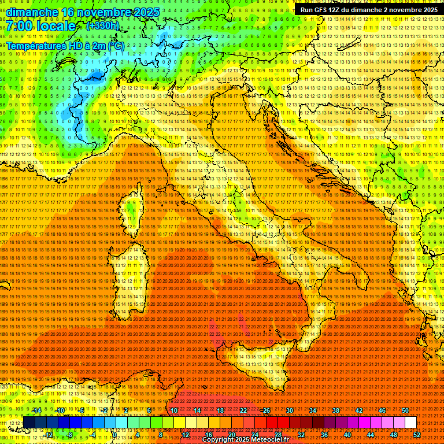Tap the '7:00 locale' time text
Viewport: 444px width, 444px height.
point(41,26)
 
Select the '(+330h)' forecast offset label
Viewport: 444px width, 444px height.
point(102,25)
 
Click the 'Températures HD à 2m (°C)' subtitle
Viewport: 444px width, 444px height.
point(65,45)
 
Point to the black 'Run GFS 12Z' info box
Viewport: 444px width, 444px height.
point(368,10)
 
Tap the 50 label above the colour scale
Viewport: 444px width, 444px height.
point(405,410)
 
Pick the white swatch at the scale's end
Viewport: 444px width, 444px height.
point(410,423)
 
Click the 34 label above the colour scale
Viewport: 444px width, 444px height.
point(313,410)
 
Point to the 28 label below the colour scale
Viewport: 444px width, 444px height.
point(278,435)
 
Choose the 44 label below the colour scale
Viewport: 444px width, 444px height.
point(371,435)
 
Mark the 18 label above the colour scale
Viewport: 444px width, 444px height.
point(220,410)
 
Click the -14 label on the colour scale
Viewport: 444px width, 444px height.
point(36,410)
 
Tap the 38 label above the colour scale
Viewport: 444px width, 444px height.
point(336,410)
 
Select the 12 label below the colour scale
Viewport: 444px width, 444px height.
point(186,435)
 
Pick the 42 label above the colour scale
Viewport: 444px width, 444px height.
point(359,410)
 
